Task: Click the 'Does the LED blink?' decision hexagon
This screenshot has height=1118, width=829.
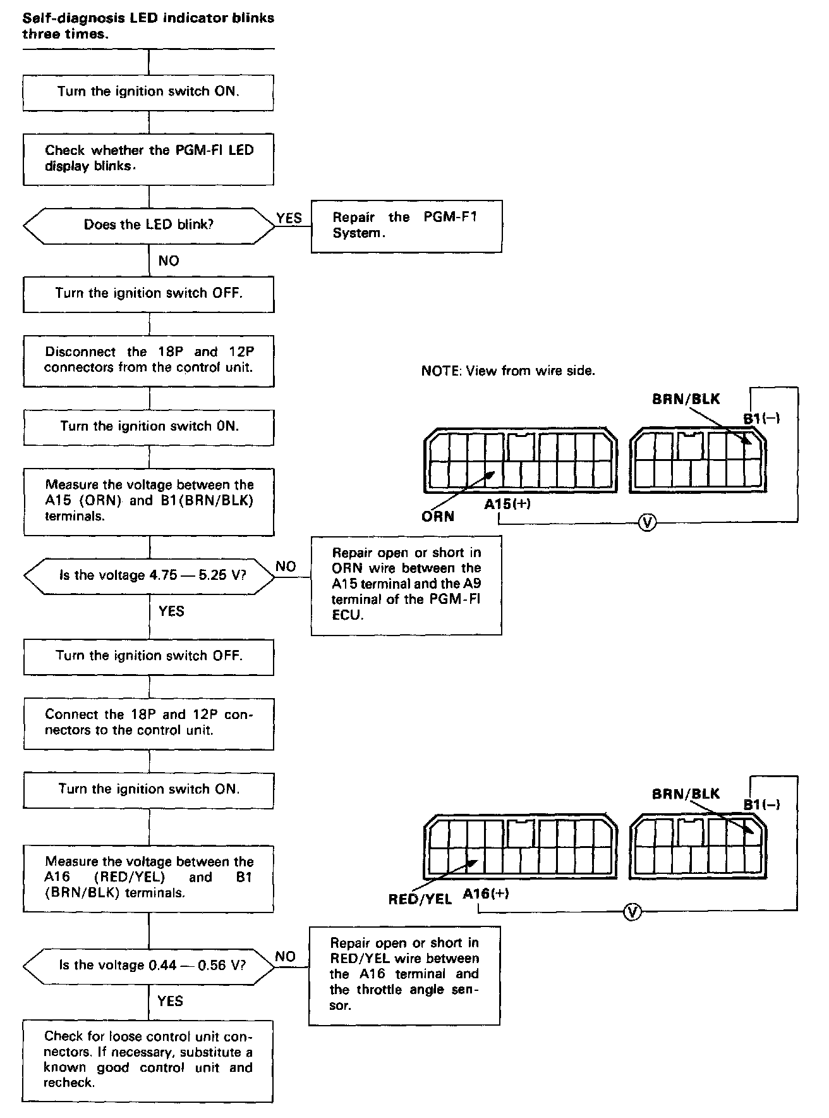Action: (x=148, y=225)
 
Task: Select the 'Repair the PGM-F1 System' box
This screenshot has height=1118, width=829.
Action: (x=406, y=226)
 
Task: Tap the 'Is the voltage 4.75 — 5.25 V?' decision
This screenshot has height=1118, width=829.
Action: (x=149, y=576)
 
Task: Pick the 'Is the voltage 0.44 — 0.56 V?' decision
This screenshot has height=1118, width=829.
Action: (x=149, y=966)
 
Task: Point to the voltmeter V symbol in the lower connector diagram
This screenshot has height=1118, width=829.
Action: (x=632, y=911)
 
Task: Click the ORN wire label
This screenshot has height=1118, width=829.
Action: (x=438, y=517)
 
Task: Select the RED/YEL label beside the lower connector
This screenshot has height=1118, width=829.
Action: (x=420, y=899)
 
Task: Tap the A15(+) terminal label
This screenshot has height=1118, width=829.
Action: (x=507, y=504)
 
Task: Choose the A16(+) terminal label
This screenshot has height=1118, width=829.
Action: (x=485, y=894)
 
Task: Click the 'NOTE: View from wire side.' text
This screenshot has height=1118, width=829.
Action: (x=508, y=371)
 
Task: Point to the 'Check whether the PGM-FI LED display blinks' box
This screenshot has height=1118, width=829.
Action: (x=148, y=159)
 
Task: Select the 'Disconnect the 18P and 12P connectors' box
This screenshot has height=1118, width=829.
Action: (x=148, y=360)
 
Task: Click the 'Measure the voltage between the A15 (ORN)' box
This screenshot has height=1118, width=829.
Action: (x=148, y=501)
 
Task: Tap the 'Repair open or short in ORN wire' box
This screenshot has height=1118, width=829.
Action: (x=406, y=584)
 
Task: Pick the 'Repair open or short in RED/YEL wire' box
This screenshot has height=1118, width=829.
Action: (x=404, y=975)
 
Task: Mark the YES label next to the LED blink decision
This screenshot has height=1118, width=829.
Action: (x=289, y=218)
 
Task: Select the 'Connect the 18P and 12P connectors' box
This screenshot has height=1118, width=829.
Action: (x=148, y=723)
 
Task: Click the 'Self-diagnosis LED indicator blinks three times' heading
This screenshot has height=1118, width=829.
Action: (x=148, y=26)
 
